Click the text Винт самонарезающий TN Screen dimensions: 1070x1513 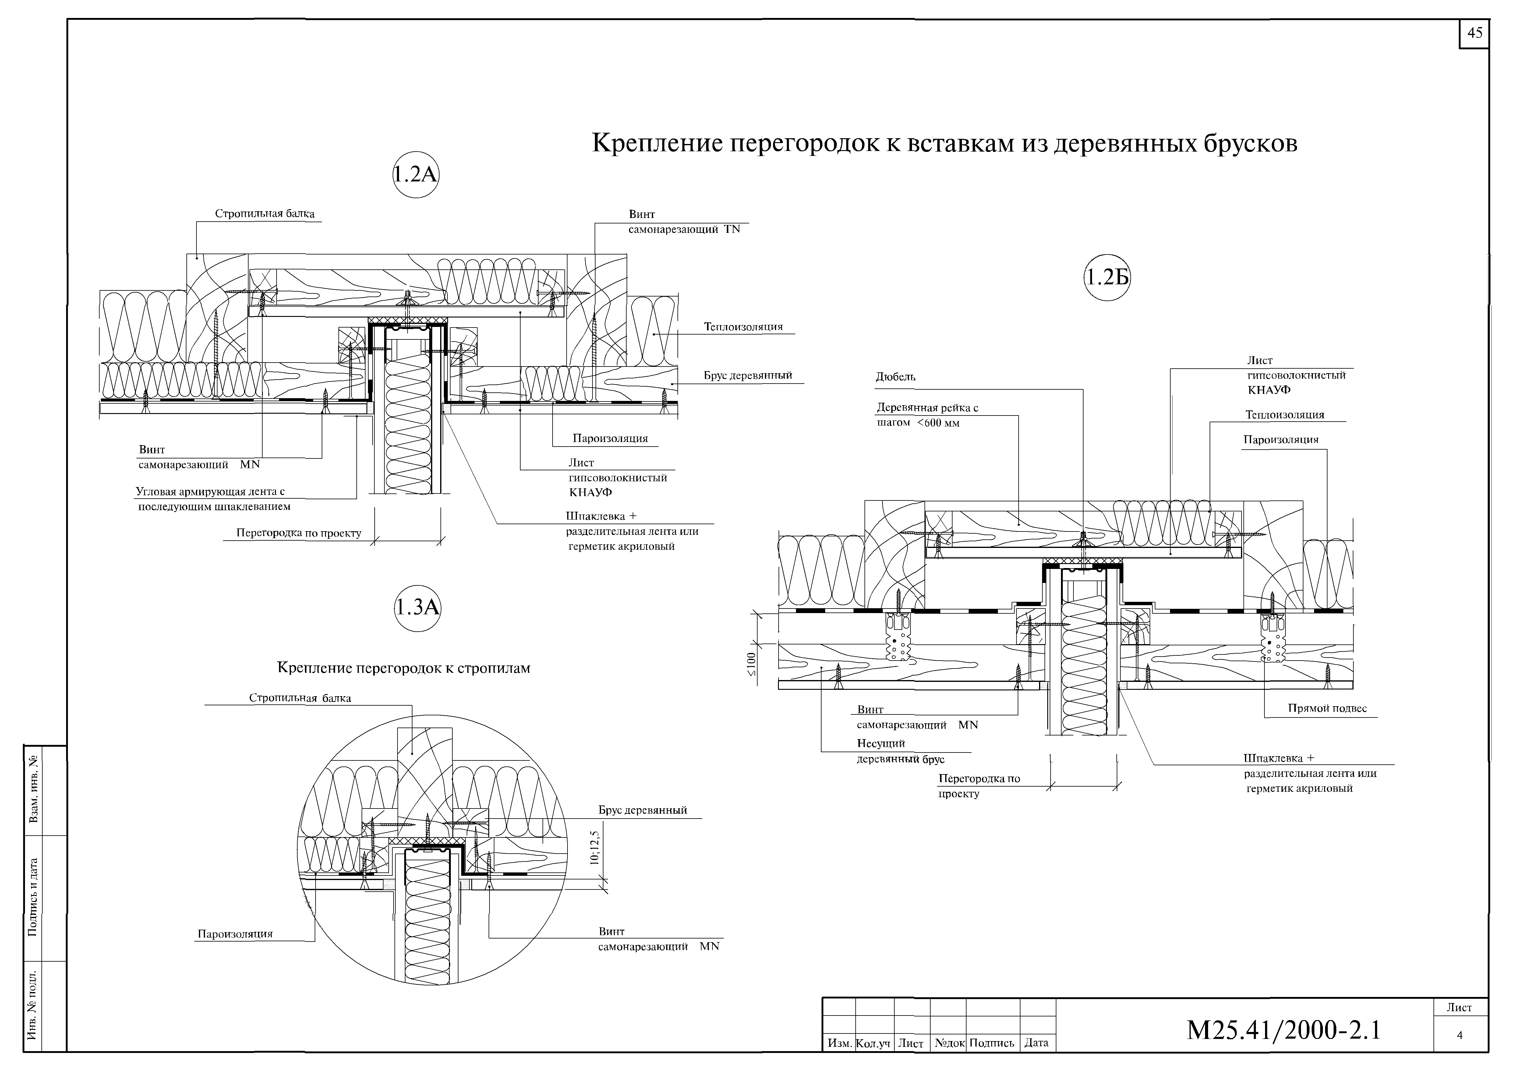pos(684,222)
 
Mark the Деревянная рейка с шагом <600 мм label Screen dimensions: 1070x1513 pos(926,415)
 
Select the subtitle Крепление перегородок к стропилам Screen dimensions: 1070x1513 pos(404,668)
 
